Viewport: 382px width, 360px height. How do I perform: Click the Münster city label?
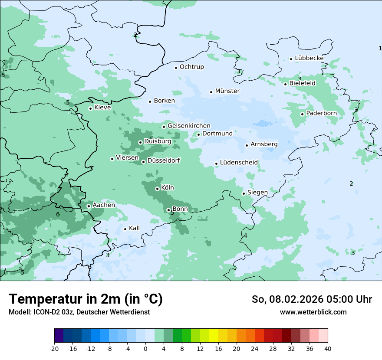(227, 91)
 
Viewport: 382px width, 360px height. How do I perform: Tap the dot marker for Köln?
(157, 189)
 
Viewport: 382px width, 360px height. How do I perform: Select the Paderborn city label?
(321, 114)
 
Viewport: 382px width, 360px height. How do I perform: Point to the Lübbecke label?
(309, 58)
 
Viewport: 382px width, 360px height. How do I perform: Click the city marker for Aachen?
(89, 206)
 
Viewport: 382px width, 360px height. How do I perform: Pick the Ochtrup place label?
(191, 67)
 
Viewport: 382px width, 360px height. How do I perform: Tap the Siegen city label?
(257, 193)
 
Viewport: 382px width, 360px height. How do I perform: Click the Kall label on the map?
(134, 228)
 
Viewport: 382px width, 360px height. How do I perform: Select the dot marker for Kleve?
(90, 108)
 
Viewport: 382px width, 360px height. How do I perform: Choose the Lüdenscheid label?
(239, 163)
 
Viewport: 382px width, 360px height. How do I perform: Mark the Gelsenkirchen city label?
(189, 126)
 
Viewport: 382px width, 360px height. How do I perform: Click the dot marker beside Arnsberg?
(247, 145)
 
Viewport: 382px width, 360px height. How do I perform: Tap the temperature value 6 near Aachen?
(58, 214)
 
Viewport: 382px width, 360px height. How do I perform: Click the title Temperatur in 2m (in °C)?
(86, 299)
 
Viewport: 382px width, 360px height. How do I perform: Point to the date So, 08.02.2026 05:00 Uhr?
(312, 299)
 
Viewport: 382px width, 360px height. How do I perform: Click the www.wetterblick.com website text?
(313, 312)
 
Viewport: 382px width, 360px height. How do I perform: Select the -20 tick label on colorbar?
(54, 348)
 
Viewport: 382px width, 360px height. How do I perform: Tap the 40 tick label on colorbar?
(328, 348)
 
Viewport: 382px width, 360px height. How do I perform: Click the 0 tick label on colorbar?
(145, 348)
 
